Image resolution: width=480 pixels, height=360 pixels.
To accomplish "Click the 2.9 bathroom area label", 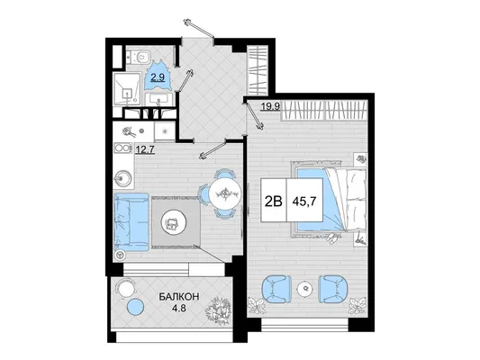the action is [158, 77].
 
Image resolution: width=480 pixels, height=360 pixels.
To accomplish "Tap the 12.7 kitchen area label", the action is [145, 149].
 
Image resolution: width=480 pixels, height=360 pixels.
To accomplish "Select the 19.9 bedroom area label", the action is [270, 106].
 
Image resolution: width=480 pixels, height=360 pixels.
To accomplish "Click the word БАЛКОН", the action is [179, 296].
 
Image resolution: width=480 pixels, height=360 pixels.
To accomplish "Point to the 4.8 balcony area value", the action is [179, 308].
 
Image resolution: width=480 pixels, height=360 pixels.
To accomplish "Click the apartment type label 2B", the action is [273, 201].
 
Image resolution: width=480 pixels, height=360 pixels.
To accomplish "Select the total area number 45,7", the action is [304, 201].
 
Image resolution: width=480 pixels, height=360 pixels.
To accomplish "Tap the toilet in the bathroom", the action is [140, 57].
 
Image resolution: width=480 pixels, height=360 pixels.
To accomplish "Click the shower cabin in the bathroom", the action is [127, 89].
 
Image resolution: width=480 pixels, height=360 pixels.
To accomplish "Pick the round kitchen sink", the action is [123, 178].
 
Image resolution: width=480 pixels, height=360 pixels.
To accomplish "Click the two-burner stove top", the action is [122, 148].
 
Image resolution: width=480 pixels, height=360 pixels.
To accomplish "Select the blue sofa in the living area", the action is [131, 222].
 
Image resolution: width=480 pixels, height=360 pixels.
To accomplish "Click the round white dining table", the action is [225, 193].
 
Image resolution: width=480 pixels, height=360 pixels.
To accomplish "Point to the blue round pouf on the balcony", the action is [135, 307].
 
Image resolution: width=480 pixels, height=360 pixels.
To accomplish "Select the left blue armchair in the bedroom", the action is [276, 289].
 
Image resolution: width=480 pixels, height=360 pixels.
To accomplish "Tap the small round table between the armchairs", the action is [305, 288].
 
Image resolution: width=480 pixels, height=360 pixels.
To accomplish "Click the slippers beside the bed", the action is [332, 238].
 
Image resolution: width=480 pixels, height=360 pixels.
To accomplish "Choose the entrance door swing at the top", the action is [198, 29].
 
